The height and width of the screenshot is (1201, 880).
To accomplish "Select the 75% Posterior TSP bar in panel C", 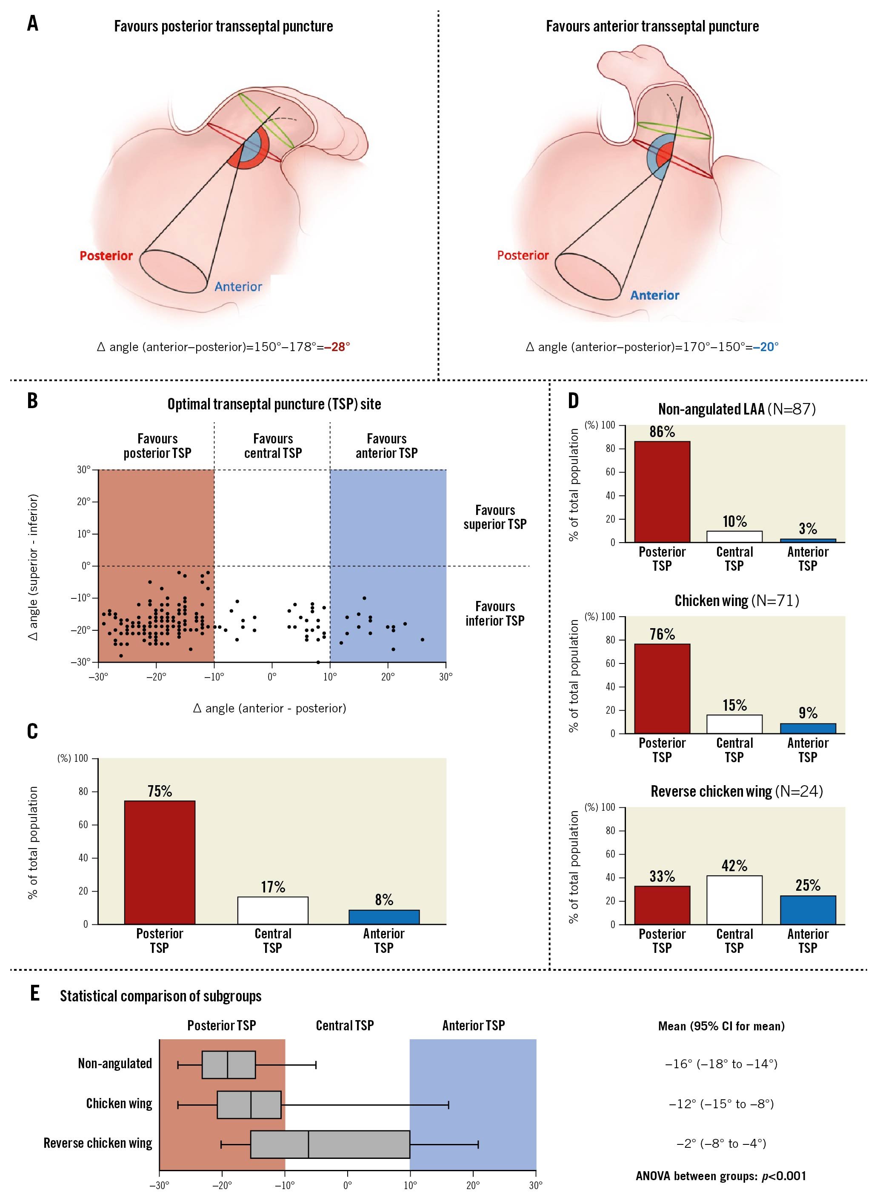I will point(160,862).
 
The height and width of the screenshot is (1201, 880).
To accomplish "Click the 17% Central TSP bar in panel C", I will point(273,911).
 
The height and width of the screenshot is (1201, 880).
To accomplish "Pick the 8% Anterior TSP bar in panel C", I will point(384,917).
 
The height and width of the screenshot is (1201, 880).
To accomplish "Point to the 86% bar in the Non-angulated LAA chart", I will point(662,492).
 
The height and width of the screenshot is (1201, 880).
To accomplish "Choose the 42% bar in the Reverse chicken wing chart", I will point(734,900).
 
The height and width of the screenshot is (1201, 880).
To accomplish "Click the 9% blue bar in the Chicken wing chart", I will point(808,729).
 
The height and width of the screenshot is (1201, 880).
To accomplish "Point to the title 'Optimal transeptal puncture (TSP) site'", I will point(274,404).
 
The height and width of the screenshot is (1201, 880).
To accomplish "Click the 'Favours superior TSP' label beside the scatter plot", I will point(495,517).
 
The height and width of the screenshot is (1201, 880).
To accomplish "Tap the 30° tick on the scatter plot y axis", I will point(84,470).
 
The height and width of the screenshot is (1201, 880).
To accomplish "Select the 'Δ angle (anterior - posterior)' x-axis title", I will point(269,708).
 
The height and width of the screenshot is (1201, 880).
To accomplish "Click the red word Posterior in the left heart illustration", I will point(106,256).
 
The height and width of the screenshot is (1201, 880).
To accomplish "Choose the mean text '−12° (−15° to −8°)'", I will point(721,1104).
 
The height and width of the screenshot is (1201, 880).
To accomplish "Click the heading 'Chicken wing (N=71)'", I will point(737,601).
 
